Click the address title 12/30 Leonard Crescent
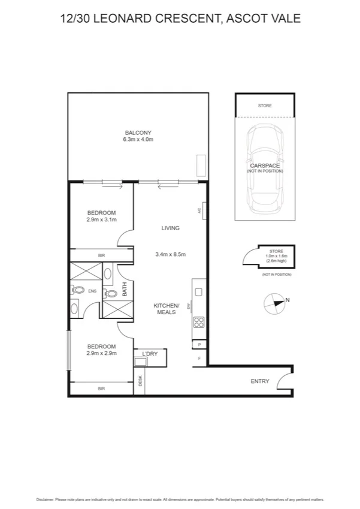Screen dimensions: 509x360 click(x=180, y=19)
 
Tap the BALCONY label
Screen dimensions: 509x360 click(x=138, y=132)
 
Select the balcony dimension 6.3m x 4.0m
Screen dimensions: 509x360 click(x=138, y=140)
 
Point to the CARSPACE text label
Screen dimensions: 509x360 click(x=264, y=165)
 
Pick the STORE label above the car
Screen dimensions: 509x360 click(x=265, y=106)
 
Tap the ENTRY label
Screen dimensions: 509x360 click(x=260, y=381)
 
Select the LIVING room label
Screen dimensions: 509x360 click(x=171, y=228)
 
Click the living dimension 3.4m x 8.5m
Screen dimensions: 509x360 click(x=171, y=254)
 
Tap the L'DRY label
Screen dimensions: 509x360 click(x=149, y=354)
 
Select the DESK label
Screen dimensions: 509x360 click(x=140, y=381)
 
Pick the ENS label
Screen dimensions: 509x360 click(x=92, y=291)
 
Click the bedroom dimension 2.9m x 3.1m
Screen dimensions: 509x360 click(x=101, y=220)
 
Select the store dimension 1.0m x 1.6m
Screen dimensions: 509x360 click(x=276, y=256)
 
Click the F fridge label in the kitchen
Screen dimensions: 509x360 click(x=199, y=359)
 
